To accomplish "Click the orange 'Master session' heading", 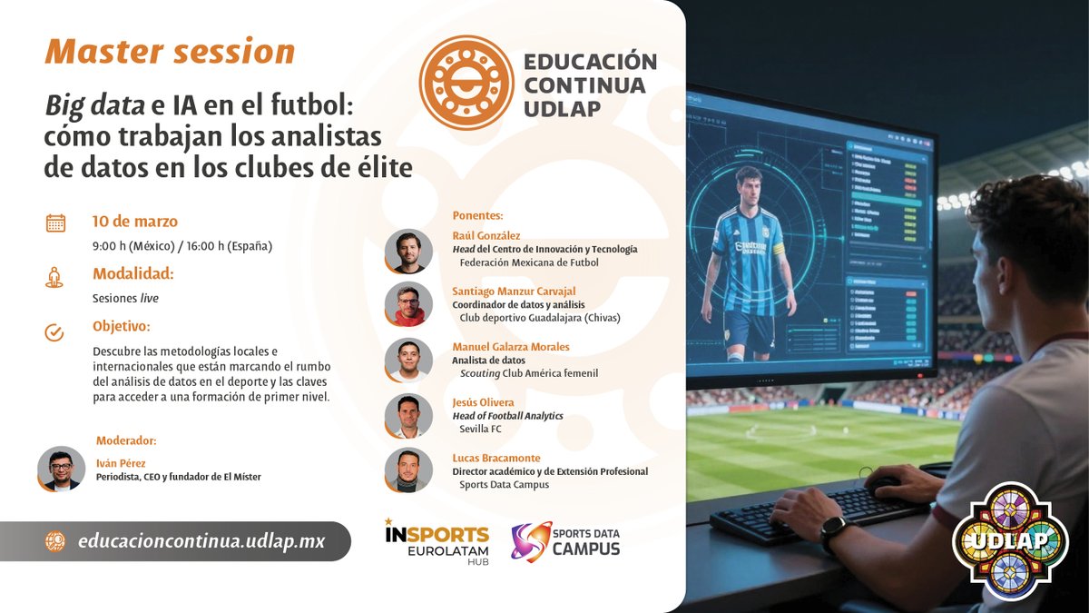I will click(170, 52).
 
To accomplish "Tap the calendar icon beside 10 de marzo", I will click(55, 222).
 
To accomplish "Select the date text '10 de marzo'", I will click(135, 222).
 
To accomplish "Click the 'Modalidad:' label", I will click(132, 273).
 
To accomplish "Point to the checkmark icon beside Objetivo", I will click(54, 331).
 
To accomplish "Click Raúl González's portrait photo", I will click(408, 251).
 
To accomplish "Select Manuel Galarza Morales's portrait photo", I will click(408, 361).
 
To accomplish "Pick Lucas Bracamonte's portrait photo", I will click(408, 470).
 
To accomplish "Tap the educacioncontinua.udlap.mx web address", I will click(201, 541).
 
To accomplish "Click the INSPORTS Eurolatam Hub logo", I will click(437, 541).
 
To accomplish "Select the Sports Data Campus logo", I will click(565, 541).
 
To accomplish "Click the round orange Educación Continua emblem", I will click(466, 83).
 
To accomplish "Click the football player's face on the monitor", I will click(749, 188).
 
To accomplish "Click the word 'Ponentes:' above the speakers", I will click(476, 215).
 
